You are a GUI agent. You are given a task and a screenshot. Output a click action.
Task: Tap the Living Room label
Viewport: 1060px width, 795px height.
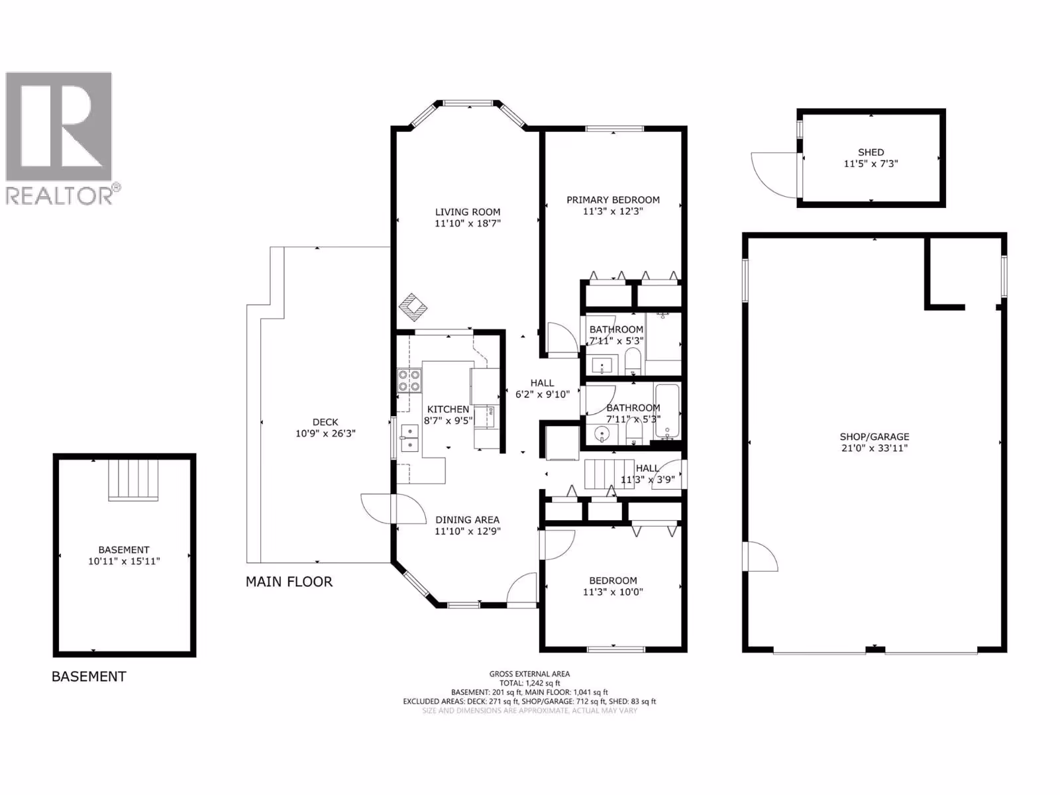click(x=468, y=212)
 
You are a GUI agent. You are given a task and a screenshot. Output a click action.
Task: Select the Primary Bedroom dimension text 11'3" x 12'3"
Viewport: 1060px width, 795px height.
click(x=613, y=211)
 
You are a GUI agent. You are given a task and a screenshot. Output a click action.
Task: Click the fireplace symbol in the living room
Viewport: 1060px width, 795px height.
click(x=413, y=307)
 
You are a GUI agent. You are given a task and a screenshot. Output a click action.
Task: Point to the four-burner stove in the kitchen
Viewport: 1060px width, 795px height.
click(x=409, y=380)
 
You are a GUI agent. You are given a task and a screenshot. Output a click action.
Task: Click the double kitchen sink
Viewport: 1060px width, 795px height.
click(x=409, y=438)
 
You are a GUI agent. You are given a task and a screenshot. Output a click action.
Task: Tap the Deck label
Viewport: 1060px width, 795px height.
click(x=325, y=422)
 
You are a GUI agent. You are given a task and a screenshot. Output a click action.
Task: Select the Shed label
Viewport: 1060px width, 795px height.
click(x=871, y=152)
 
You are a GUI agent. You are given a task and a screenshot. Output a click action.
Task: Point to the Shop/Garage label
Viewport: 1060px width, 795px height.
click(x=874, y=437)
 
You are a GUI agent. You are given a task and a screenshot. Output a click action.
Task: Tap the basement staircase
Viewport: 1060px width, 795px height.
click(x=133, y=480)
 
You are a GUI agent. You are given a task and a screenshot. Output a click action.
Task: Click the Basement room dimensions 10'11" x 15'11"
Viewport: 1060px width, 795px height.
click(x=124, y=561)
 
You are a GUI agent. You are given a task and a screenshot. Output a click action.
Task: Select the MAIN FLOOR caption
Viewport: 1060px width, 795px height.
click(x=289, y=582)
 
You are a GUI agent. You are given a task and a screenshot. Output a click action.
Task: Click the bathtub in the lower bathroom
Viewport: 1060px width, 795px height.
click(x=667, y=411)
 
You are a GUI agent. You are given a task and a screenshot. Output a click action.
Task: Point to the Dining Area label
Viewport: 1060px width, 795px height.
click(x=468, y=520)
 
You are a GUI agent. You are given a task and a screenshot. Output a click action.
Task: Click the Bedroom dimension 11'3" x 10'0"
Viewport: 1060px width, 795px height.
click(x=613, y=592)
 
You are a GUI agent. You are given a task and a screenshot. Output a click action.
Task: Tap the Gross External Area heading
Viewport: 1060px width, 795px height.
click(x=529, y=674)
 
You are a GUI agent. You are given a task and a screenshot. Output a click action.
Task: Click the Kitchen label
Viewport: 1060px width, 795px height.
click(x=448, y=409)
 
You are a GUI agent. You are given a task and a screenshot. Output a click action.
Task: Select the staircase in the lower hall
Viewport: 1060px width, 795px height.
click(x=609, y=474)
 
